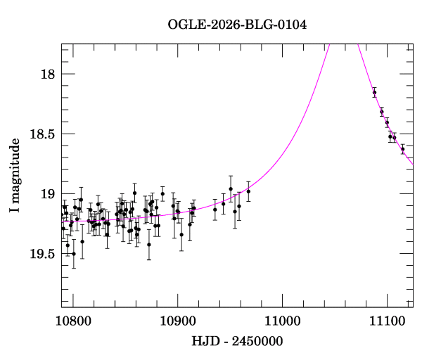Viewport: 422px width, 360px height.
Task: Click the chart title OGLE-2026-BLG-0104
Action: [237, 25]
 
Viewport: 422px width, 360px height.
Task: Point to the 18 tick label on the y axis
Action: [49, 75]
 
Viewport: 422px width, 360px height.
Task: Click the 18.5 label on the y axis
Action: [43, 134]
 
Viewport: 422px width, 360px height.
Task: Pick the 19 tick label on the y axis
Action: [49, 194]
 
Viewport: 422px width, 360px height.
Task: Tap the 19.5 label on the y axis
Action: [43, 254]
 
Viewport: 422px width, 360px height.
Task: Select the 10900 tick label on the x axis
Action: [177, 320]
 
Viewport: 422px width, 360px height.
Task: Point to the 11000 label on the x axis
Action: [282, 320]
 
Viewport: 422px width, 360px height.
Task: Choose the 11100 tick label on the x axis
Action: [387, 320]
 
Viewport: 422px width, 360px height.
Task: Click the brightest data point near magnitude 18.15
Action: [374, 92]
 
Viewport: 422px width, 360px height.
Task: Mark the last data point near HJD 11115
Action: [403, 149]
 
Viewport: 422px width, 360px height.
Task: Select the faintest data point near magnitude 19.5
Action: [74, 254]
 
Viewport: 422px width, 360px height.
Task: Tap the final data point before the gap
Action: [248, 191]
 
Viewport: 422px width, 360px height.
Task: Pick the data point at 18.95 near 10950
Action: [231, 188]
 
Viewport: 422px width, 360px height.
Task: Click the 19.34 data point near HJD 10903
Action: [181, 235]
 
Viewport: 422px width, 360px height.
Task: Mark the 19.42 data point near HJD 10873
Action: [149, 245]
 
